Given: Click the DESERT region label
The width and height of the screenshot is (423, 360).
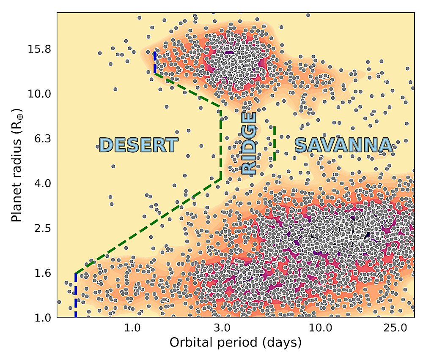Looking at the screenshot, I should point(138,145).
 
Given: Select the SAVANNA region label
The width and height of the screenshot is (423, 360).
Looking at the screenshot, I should point(343,145).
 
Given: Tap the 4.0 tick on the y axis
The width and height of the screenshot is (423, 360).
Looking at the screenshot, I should point(42,183).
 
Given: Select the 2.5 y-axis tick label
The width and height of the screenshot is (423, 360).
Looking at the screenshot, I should point(42,228).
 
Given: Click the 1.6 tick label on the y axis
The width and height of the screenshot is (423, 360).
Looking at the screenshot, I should point(42,273).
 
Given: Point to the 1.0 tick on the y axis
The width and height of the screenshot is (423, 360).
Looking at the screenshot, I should point(42,317).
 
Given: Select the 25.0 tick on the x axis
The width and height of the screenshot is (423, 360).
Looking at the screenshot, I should point(395,328).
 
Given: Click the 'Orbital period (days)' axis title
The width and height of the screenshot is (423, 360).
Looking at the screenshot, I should point(235,343).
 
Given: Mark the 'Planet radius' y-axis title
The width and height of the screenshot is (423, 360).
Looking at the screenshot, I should point(16,169).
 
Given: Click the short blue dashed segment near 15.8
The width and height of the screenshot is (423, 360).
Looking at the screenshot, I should point(155,62).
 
